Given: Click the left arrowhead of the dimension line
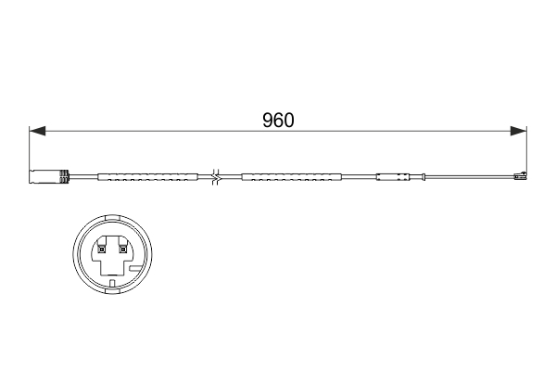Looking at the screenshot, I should [x=37, y=132].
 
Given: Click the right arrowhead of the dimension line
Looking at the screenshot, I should [x=519, y=132].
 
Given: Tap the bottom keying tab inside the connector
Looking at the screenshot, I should [x=110, y=280].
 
